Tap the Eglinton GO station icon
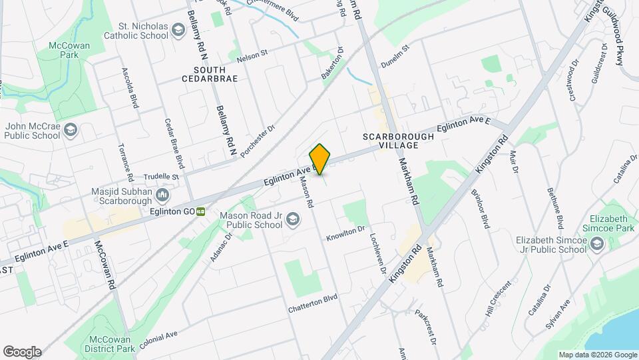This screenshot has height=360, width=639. (x=200, y=211)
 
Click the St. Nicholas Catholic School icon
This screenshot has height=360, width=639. (x=178, y=29)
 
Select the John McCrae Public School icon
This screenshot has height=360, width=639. (x=71, y=131)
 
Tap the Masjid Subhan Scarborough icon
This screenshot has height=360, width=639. (x=162, y=196)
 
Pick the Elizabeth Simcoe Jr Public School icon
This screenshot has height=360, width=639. (x=596, y=245)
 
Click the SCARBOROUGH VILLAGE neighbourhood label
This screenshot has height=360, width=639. (x=398, y=141)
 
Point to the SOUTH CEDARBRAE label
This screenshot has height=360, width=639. (x=210, y=74)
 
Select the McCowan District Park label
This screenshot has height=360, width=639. (x=110, y=343)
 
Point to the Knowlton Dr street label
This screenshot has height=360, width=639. (x=345, y=234)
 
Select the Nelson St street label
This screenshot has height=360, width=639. (x=252, y=51)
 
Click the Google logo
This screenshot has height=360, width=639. (x=22, y=351)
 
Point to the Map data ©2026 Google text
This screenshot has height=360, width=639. (x=596, y=355)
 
